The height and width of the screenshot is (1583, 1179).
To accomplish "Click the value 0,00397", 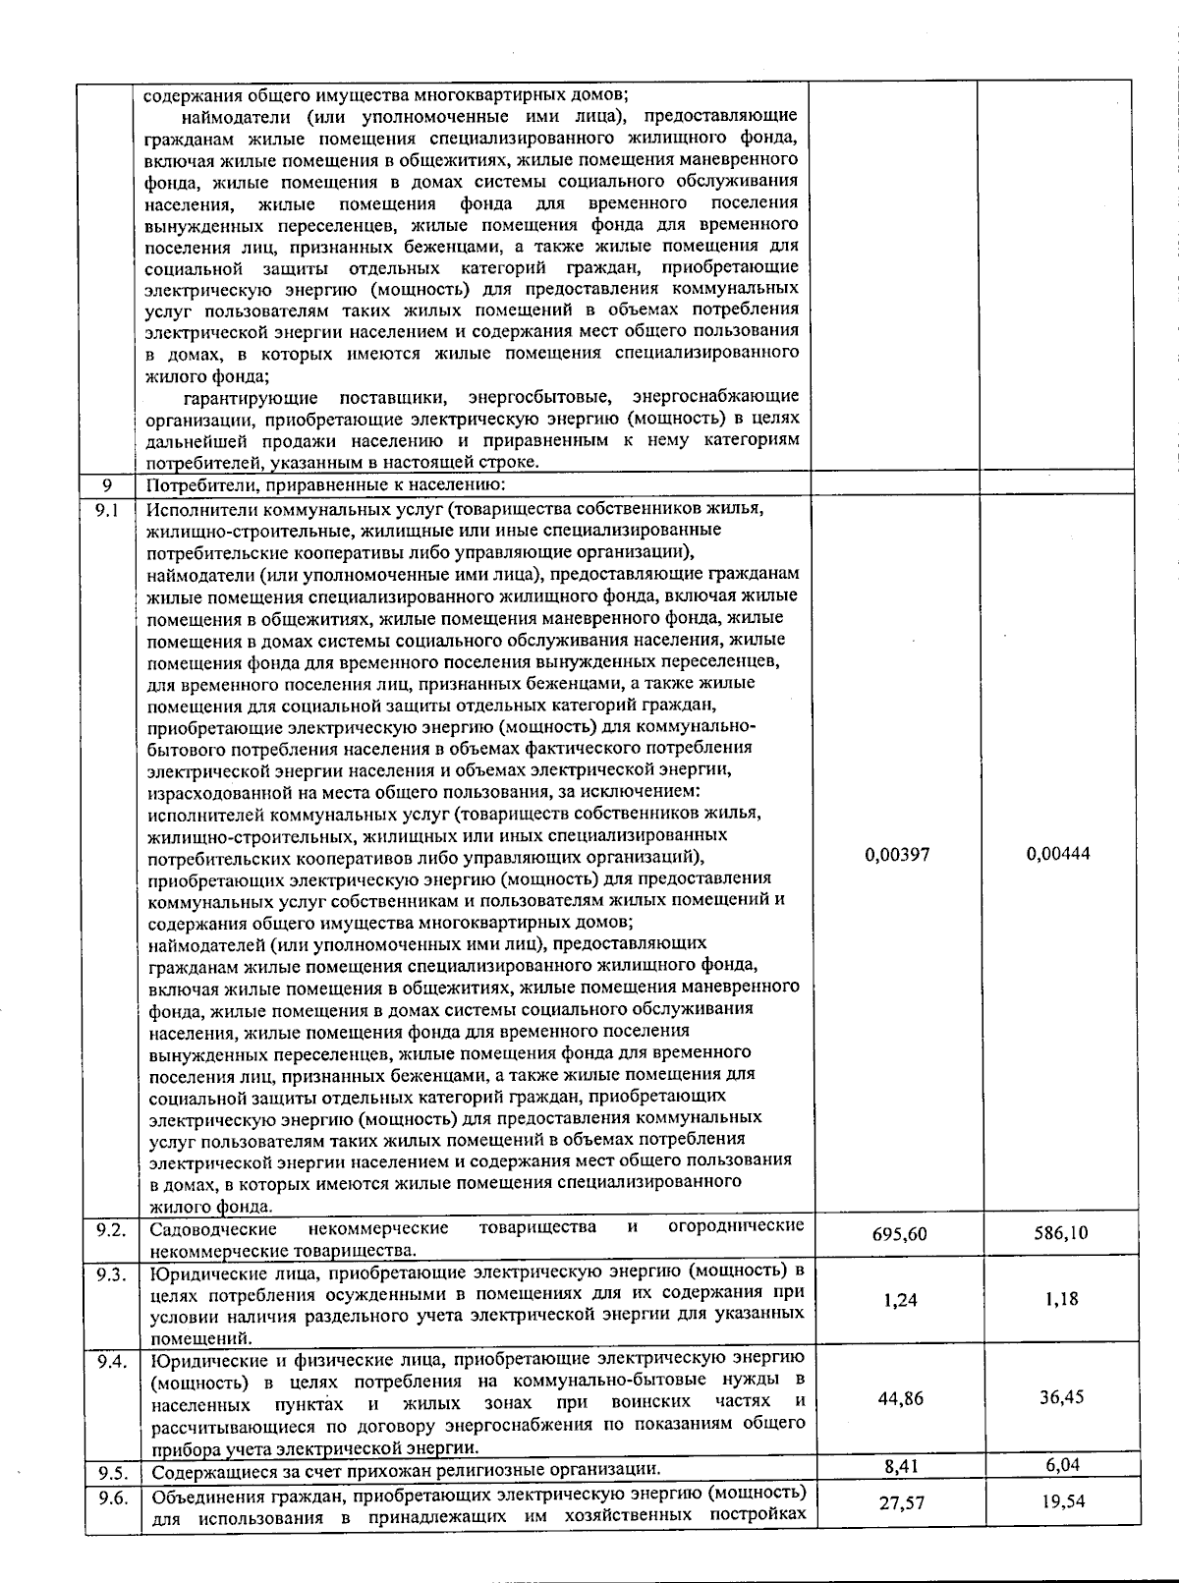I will click(x=896, y=854).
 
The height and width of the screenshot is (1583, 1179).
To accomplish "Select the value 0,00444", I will click(x=1058, y=854).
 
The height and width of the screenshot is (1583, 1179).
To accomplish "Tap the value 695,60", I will click(x=899, y=1233).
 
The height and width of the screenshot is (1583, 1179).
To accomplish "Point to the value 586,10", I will click(x=1060, y=1232).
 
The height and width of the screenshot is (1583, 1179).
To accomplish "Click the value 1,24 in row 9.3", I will click(x=900, y=1300).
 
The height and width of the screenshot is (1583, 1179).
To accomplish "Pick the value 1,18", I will click(x=1061, y=1299).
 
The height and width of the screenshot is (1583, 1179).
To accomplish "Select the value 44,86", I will click(x=900, y=1398).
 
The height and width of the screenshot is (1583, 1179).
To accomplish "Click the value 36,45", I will click(x=1061, y=1396).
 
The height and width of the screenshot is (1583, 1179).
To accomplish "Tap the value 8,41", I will click(x=900, y=1466).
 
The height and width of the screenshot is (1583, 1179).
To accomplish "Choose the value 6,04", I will click(x=1062, y=1465).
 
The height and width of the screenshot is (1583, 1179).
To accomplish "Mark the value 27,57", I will click(x=900, y=1503).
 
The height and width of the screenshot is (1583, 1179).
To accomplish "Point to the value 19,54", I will click(x=1061, y=1501).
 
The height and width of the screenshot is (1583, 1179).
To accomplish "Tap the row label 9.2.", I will click(x=110, y=1229).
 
